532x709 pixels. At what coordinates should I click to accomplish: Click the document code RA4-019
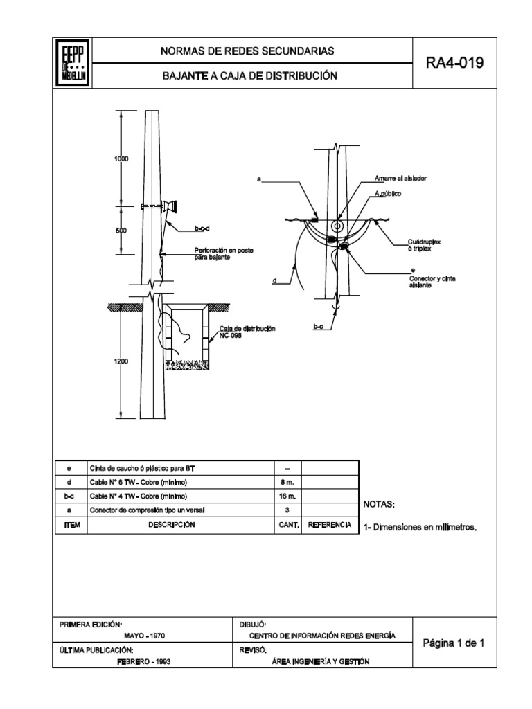tap(454, 64)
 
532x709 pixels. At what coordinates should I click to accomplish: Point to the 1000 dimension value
tap(121, 159)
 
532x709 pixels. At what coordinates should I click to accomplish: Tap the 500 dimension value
tap(121, 231)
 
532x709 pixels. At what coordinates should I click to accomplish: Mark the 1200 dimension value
tap(121, 361)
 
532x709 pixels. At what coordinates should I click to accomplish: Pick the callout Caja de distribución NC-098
tap(247, 331)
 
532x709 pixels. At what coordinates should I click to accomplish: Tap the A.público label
tap(388, 195)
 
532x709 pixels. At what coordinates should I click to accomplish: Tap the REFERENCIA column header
tap(330, 526)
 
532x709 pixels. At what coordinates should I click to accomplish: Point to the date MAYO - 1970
tap(144, 636)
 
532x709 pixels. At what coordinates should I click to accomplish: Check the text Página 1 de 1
tap(454, 643)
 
